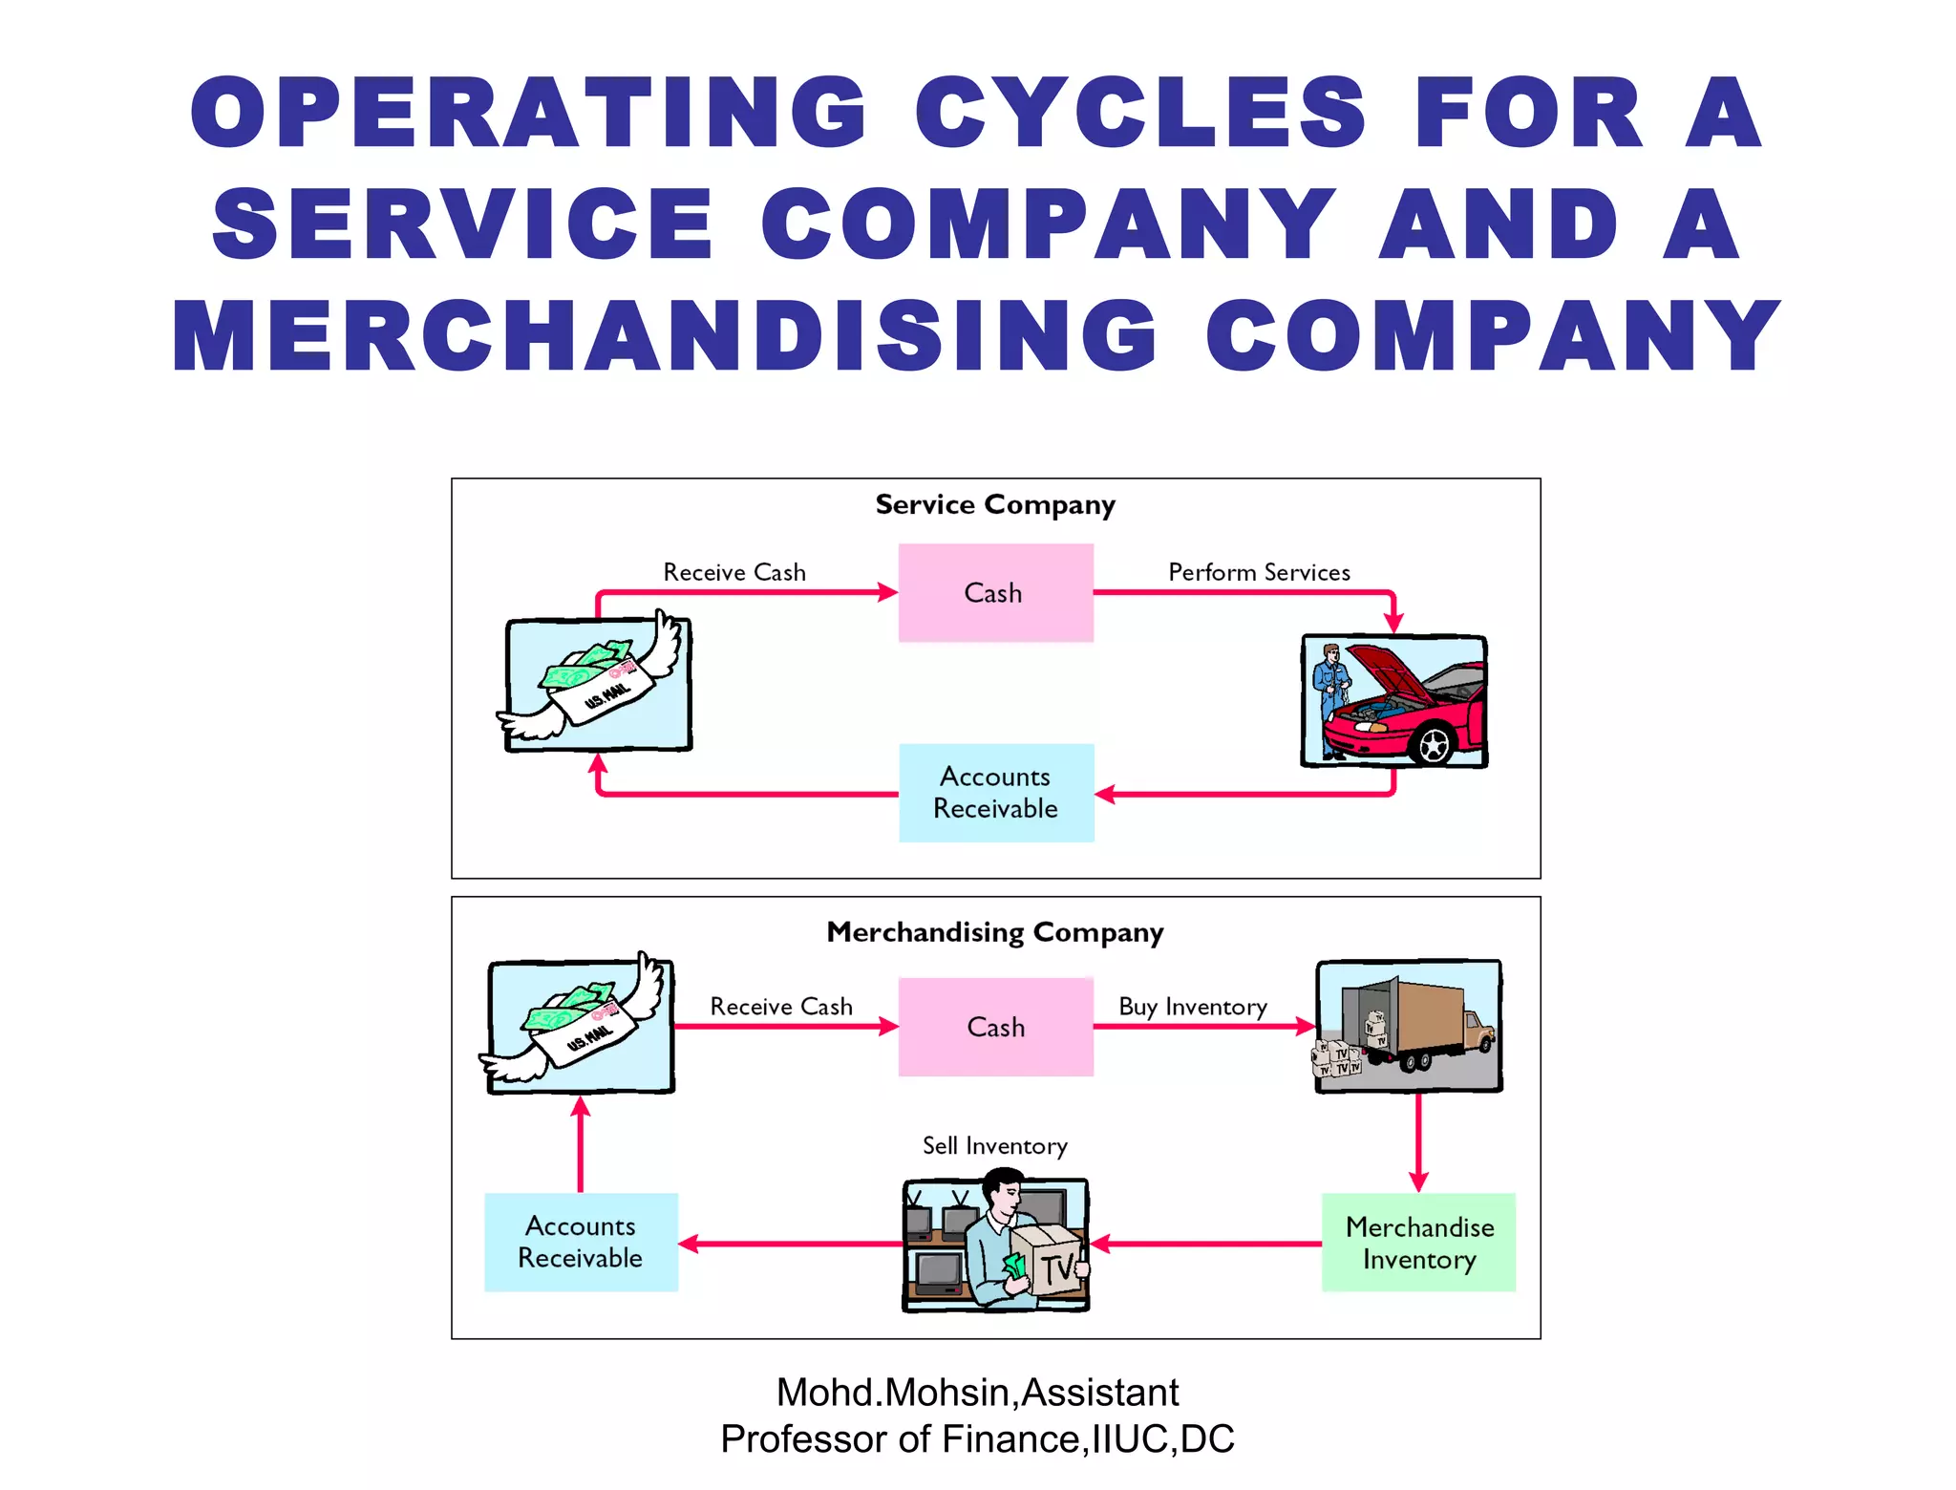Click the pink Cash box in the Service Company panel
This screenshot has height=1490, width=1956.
(995, 592)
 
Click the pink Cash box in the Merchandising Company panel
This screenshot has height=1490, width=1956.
(995, 1027)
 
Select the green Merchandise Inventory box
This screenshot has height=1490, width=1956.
(1418, 1242)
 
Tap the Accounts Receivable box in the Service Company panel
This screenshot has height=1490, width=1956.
(995, 793)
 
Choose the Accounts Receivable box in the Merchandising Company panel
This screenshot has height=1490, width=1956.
(581, 1242)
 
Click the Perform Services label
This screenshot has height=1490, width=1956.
(1259, 572)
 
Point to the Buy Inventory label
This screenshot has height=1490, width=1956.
(1193, 1007)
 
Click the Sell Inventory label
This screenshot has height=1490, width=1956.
(994, 1145)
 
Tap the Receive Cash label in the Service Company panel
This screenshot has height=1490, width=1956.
(734, 572)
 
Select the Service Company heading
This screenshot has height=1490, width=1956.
(995, 504)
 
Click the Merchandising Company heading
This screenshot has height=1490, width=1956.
(995, 932)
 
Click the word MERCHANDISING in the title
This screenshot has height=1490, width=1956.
(664, 336)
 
